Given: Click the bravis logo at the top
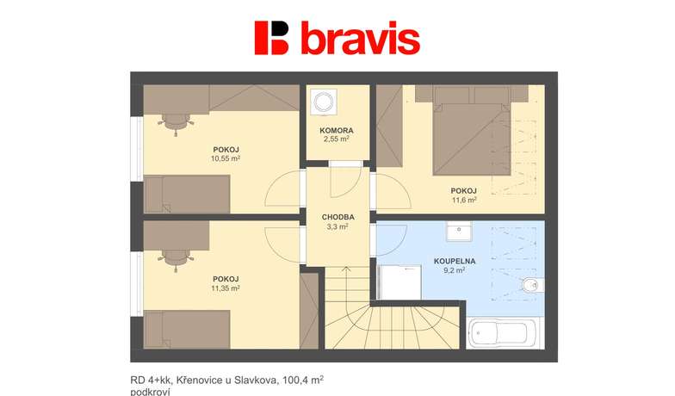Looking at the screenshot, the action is [337, 38].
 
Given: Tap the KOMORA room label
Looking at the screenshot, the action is [337, 131].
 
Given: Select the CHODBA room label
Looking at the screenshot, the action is [337, 217].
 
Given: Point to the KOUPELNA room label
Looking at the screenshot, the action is [455, 262].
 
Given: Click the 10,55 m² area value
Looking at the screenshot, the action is [226, 158].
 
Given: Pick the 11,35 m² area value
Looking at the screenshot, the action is [226, 288].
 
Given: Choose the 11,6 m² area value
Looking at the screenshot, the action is [464, 200].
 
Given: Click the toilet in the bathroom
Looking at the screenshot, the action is [533, 284].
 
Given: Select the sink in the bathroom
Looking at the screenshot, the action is [459, 232].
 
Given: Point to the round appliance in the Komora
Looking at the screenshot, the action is [323, 102].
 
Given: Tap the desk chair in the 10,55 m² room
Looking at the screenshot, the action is [176, 122].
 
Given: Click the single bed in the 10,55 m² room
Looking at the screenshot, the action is [187, 195].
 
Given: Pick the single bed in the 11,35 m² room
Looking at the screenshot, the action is [187, 329].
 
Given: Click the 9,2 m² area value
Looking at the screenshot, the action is [455, 270].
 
